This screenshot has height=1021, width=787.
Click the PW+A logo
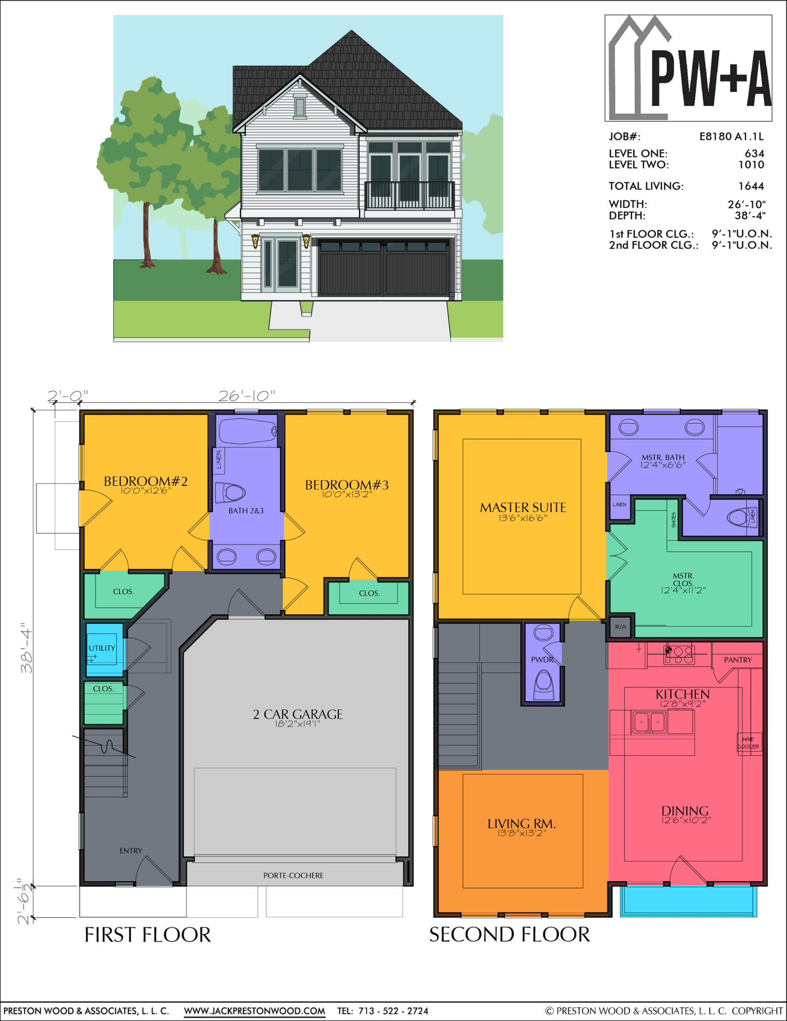pos(688,68)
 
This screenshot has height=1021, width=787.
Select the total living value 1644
pos(751,186)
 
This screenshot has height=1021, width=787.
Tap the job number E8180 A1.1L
pos(731,137)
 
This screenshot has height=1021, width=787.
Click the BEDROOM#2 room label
pos(145,482)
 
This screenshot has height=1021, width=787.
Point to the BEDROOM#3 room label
pos(347,485)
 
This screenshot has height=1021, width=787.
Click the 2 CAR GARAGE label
pos(298,714)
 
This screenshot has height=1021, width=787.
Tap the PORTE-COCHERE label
pos(293,875)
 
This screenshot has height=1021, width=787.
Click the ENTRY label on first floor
pos(131,851)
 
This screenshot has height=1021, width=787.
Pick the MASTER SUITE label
pos(523,508)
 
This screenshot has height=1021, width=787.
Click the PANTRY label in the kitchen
pos(738,660)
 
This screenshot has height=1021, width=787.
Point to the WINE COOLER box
pos(749,743)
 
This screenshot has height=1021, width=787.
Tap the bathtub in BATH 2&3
pos(247,431)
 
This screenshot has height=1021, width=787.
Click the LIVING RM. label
pos(522,824)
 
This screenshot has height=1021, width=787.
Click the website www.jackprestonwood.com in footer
pos(254,1011)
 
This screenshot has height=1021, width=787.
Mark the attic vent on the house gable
pos(300,106)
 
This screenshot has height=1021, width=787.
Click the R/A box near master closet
pos(620,627)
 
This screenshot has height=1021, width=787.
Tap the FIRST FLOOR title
pos(148,934)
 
